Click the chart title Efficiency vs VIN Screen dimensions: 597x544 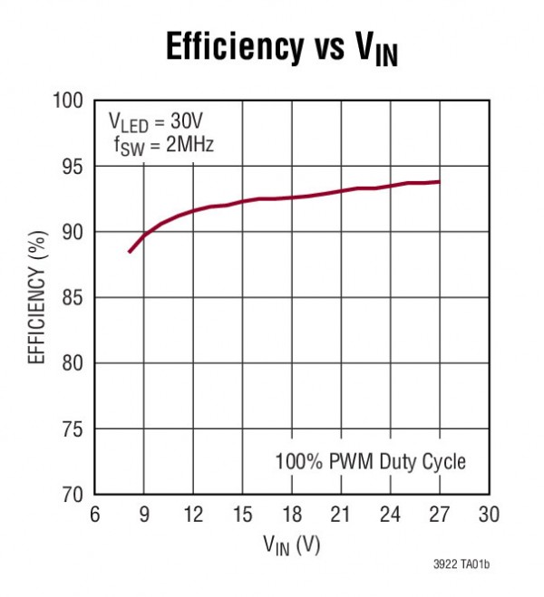pyautogui.click(x=282, y=47)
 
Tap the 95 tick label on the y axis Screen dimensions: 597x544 pyautogui.click(x=74, y=167)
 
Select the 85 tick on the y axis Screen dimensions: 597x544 pyautogui.click(x=74, y=298)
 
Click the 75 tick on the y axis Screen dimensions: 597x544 pyautogui.click(x=74, y=429)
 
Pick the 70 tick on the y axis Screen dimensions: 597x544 pyautogui.click(x=74, y=495)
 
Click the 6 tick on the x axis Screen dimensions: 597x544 pyautogui.click(x=95, y=515)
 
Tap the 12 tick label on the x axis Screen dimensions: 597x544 pyautogui.click(x=193, y=515)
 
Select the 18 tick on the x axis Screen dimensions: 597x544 pyautogui.click(x=292, y=515)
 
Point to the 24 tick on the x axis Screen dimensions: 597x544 pyautogui.click(x=391, y=515)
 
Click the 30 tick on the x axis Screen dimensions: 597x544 pyautogui.click(x=489, y=515)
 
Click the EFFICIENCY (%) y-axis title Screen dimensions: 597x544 pyautogui.click(x=37, y=298)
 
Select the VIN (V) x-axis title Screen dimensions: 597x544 pyautogui.click(x=292, y=544)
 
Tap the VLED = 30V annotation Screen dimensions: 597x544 pyautogui.click(x=156, y=121)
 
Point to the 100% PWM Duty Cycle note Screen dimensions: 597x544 pyautogui.click(x=370, y=461)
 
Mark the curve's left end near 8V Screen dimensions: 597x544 pyautogui.click(x=129, y=252)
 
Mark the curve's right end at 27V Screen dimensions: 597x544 pyautogui.click(x=440, y=182)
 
